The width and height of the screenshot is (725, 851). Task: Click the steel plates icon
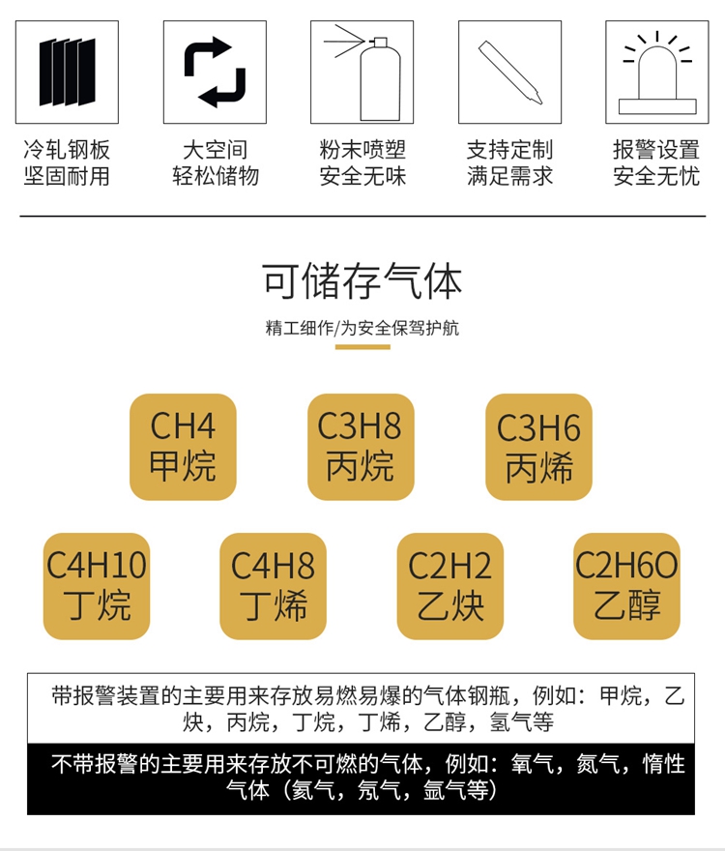[67, 73]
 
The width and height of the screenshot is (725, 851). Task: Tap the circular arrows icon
[215, 73]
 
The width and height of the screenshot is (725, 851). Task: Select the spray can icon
[362, 73]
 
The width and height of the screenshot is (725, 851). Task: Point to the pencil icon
[509, 73]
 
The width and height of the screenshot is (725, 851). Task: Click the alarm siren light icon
[656, 73]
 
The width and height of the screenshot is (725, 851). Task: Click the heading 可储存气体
[362, 280]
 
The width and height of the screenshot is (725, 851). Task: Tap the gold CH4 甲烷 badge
[183, 447]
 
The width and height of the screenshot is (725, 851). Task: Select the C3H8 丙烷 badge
[361, 447]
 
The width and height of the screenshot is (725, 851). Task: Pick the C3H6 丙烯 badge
[538, 447]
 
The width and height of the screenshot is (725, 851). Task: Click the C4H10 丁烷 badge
[97, 586]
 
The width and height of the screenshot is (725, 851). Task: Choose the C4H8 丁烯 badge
[274, 586]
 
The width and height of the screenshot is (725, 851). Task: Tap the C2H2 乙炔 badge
[450, 586]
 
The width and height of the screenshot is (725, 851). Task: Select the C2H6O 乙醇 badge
[626, 586]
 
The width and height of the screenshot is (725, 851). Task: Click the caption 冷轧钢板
[67, 150]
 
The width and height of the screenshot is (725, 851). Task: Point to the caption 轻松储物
[215, 176]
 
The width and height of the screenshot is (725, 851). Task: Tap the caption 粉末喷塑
[362, 150]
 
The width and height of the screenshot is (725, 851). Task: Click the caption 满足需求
[509, 176]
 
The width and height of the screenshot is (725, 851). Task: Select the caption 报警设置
[656, 150]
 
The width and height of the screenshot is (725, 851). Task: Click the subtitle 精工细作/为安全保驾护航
[362, 328]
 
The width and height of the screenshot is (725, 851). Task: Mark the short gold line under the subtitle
[362, 346]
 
